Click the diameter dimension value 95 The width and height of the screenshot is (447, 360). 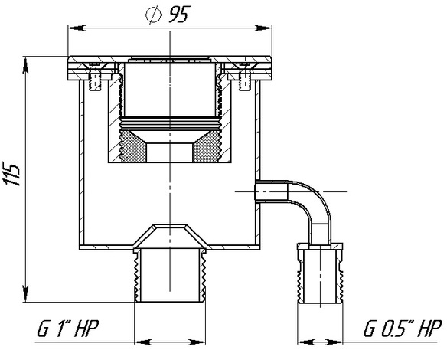coord(179,15)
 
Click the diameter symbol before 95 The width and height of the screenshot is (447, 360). coord(153,15)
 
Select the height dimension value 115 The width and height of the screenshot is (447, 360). coord(11,174)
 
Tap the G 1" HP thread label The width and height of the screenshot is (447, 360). coord(67,329)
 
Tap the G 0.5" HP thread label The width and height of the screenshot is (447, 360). coord(403,329)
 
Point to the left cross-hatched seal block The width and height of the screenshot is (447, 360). coord(132,146)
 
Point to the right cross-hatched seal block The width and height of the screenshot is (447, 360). coord(207,146)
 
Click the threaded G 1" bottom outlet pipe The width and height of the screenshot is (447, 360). coord(170,275)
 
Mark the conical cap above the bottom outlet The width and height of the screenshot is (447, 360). coord(170,234)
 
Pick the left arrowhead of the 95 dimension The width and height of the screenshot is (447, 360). coord(77,28)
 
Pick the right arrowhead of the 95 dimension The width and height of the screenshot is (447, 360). coord(263,28)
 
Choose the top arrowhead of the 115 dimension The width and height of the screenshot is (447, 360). coord(26,65)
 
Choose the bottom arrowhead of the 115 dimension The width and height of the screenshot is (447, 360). coord(26,293)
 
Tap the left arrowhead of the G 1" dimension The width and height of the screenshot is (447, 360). coord(143,342)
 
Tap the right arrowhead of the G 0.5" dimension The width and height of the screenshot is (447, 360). coord(334,342)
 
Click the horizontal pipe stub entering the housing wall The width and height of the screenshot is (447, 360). coord(271,191)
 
